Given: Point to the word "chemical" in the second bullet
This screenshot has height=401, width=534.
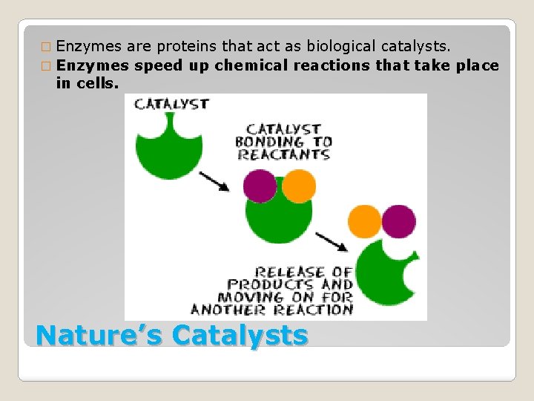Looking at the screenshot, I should click(251, 65).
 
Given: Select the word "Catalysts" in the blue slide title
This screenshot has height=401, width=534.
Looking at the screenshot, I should click(240, 335).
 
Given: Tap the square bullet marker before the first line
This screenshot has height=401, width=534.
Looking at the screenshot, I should click(47, 48).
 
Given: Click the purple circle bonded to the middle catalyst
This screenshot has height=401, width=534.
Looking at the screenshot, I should click(260, 186).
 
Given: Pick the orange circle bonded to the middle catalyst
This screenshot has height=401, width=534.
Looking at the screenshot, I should click(299, 186).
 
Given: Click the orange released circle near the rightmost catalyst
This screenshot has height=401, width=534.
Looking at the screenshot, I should click(364, 221).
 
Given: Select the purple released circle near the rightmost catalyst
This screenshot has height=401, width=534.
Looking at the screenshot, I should click(399, 221).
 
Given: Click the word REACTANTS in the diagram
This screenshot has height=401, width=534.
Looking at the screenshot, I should click(283, 154).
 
